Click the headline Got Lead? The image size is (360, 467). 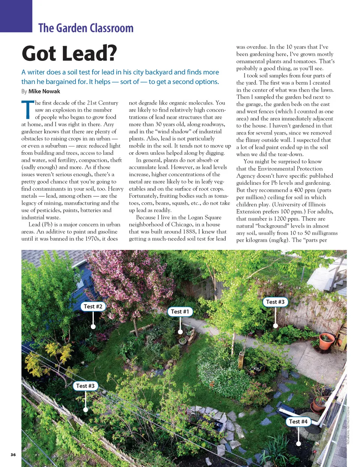69,53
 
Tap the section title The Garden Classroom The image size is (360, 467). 86,28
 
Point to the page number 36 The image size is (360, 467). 13,455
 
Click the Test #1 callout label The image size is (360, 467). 180,311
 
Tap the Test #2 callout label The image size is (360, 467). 93,306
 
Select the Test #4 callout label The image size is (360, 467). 298,422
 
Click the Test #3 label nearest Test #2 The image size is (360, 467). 85,386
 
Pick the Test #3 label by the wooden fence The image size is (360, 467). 275,302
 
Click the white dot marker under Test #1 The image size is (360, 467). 180,332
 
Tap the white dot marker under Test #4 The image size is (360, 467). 298,443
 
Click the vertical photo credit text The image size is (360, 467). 348,425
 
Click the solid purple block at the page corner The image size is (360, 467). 16,16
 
